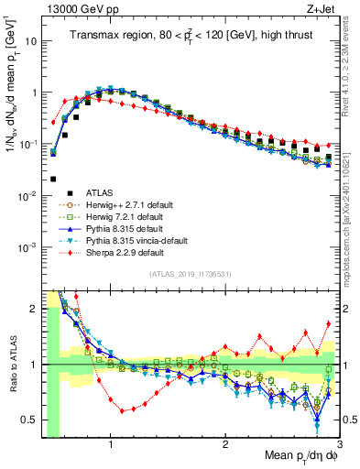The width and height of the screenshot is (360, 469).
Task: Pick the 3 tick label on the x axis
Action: pos(338,445)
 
